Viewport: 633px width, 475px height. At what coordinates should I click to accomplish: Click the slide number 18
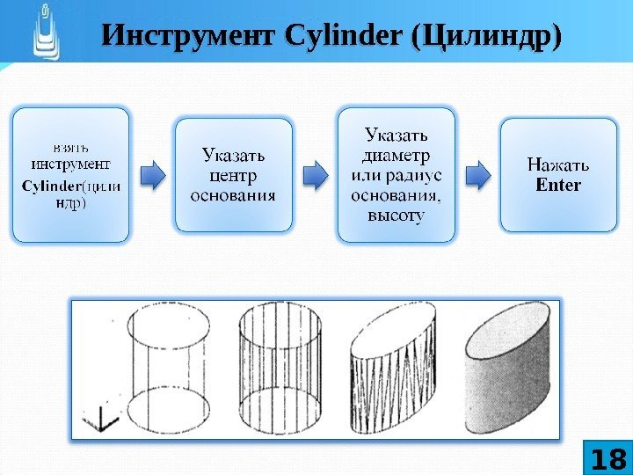tap(607, 458)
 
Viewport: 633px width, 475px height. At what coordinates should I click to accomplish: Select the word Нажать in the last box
tap(558, 164)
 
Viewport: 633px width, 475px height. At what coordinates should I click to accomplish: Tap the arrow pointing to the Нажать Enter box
tap(478, 174)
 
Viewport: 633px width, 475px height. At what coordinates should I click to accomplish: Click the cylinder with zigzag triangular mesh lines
tap(393, 369)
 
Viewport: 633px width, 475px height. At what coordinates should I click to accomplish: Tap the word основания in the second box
tap(233, 194)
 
